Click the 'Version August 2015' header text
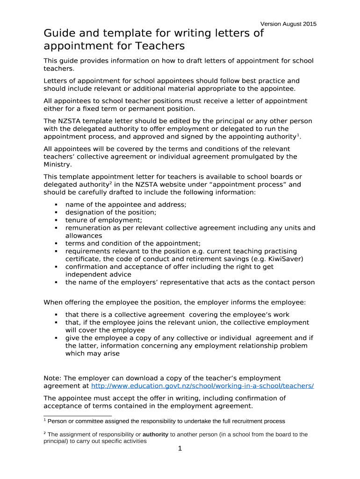pos(288,24)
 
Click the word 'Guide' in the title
pos(59,34)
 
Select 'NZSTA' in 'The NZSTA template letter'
pos(69,121)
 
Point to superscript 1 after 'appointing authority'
pos(298,135)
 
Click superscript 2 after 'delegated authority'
pos(110,183)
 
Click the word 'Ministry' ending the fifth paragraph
pos(58,164)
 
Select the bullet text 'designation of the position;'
pos(111,212)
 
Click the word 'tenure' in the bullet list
pos(76,220)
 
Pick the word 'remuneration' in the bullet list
pos(87,228)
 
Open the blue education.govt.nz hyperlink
pos(202,386)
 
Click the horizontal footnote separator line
pos(78,415)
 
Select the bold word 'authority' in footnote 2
pos(155,435)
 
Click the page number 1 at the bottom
pos(180,449)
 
